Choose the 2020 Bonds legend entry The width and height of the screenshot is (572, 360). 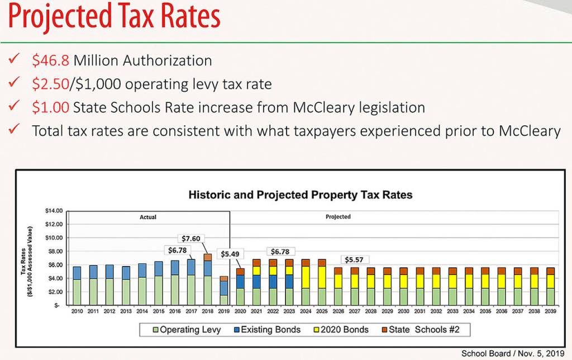click(x=341, y=330)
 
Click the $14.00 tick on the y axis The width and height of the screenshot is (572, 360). click(x=54, y=211)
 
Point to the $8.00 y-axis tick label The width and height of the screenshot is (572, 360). click(x=55, y=252)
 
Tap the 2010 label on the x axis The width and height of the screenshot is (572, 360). click(x=77, y=311)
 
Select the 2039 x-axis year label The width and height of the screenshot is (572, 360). click(x=551, y=311)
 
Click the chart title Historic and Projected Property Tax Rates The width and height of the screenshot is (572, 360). click(x=301, y=195)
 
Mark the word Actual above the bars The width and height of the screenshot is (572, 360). click(x=147, y=216)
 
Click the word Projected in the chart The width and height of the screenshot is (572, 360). click(x=338, y=216)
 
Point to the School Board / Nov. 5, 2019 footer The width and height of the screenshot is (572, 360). click(x=513, y=353)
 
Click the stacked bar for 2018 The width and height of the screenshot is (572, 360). click(x=207, y=280)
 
